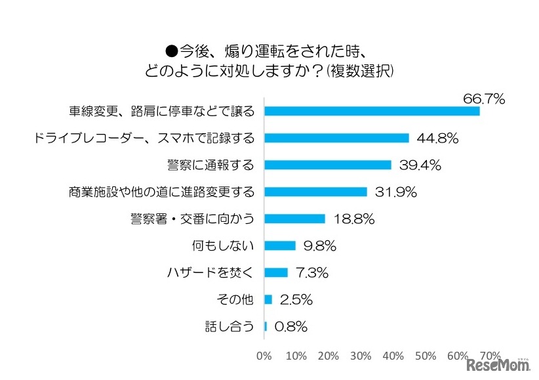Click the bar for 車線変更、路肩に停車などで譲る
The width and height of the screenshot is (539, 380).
(372, 111)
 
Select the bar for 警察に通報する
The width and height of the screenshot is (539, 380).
(327, 165)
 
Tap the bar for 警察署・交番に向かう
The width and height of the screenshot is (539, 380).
(294, 219)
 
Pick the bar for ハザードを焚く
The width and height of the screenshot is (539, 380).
(276, 272)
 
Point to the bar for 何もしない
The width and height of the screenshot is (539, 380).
(280, 245)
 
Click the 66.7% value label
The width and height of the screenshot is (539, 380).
(483, 99)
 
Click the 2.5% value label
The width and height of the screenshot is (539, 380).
(295, 299)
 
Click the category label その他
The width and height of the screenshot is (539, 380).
(235, 299)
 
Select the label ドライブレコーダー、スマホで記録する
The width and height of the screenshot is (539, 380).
(143, 138)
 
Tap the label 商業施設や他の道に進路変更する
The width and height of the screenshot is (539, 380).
(161, 192)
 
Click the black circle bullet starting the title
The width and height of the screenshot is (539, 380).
(172, 49)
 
